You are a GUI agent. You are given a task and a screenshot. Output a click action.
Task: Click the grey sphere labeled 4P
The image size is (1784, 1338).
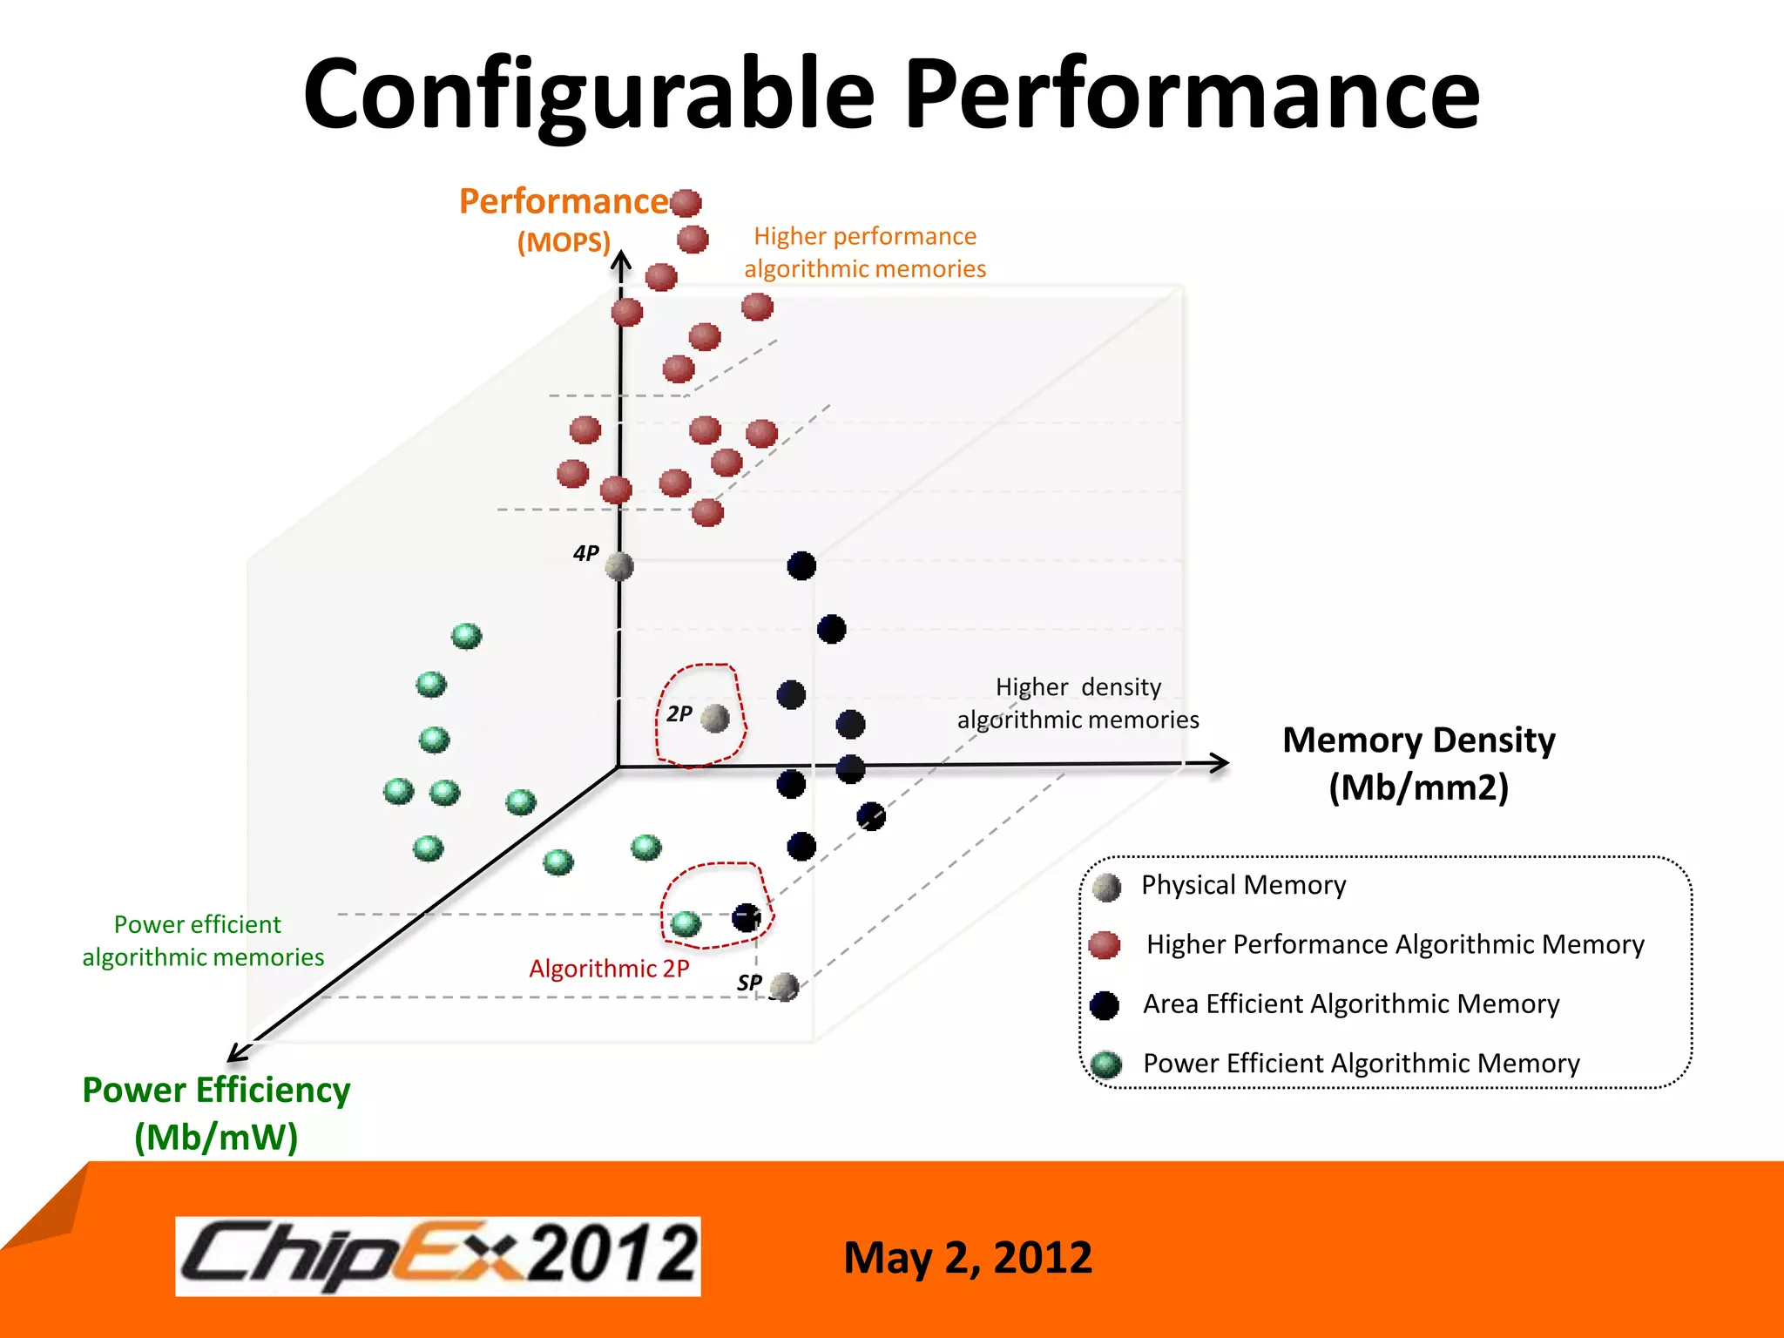(x=618, y=566)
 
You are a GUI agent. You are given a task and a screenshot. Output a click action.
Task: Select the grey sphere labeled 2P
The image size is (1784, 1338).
(x=714, y=719)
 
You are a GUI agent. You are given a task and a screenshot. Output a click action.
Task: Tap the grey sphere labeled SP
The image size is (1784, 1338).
(x=784, y=987)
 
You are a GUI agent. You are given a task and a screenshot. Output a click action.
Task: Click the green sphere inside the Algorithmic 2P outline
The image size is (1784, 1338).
(x=686, y=923)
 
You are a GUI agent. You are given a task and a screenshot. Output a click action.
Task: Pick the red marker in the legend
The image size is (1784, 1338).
(x=1105, y=944)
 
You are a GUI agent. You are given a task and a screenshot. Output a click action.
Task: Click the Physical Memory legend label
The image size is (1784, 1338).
(x=1243, y=885)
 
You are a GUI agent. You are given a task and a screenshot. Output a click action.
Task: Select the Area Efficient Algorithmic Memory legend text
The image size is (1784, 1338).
(x=1350, y=1004)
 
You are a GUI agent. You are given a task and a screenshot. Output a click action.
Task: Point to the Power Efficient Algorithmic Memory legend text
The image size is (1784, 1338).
(x=1361, y=1064)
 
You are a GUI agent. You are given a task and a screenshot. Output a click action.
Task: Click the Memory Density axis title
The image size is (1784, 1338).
(x=1418, y=763)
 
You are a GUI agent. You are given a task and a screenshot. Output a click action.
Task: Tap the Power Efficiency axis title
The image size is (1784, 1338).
(x=216, y=1113)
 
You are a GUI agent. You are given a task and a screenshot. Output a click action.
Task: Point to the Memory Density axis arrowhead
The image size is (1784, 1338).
(x=1220, y=763)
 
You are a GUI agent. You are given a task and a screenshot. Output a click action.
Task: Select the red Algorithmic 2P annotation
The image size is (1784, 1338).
(x=609, y=969)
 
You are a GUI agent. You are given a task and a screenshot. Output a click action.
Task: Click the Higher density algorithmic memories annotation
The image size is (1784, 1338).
(x=1078, y=703)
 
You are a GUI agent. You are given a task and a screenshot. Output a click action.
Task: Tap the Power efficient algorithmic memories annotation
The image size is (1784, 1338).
(x=202, y=941)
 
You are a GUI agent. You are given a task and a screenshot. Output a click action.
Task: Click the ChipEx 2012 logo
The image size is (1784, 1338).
(x=438, y=1255)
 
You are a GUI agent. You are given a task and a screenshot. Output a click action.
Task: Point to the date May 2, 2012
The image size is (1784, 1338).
(x=967, y=1258)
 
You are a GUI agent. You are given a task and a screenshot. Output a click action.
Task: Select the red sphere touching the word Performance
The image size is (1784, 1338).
(x=686, y=202)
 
